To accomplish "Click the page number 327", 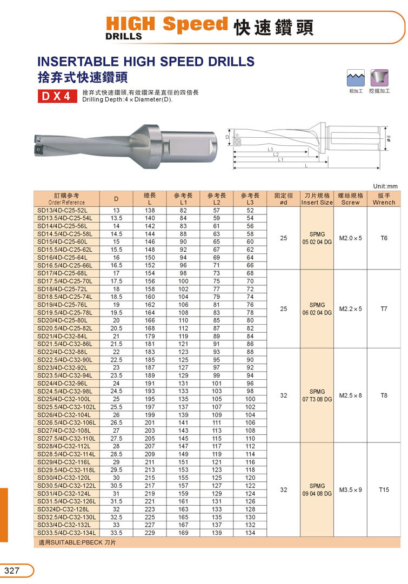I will (12, 571).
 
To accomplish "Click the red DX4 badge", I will (55, 96).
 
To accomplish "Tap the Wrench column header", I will (384, 199).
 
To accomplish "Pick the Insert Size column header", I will (317, 199).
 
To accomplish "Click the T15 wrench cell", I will (384, 489).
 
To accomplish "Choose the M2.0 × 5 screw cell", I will (350, 238).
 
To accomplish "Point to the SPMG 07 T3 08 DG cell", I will (317, 395).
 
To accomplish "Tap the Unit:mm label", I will (385, 186).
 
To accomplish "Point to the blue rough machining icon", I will (355, 78).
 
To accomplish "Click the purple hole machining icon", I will (379, 78).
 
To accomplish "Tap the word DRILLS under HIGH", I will (124, 36).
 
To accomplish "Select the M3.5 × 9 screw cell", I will (350, 489).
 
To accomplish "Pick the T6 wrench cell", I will (384, 238).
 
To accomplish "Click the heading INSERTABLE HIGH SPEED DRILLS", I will (145, 61).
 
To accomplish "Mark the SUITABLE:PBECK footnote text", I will (76, 542).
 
